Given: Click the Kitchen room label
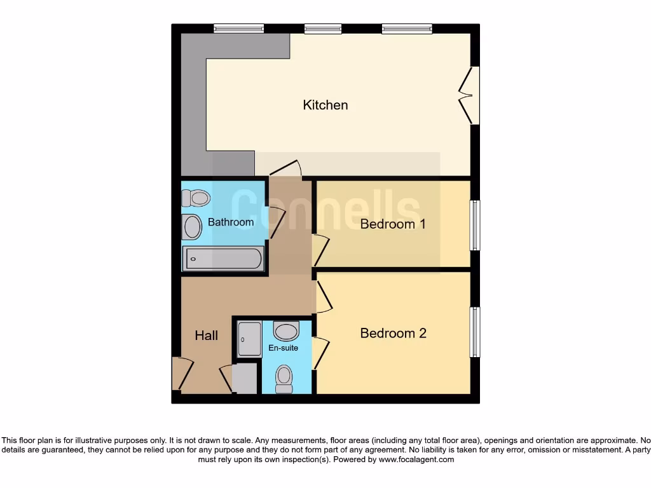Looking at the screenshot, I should pos(325,105).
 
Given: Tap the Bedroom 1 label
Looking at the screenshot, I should pos(392,224).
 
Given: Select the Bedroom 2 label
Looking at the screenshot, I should pos(393,333).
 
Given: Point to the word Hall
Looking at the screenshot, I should pos(206,335).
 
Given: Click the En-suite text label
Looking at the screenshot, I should pos(283,348).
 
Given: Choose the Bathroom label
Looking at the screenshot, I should pos(231,222).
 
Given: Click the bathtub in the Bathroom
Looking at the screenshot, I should pos(223,259).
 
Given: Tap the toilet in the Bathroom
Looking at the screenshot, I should pos(195,198).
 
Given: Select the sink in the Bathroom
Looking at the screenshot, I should pos(191,227).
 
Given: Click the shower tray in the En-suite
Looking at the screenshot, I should pos(249,339).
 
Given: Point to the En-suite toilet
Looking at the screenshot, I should pos(284,378).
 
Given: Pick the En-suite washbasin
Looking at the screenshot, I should pos(286,331).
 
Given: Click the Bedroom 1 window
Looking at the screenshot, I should pos(474,226).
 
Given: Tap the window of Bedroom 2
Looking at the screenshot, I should pos(474,332).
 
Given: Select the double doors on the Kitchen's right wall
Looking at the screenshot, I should pos(471,95).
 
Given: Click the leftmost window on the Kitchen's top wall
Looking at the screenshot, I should pos(238,28).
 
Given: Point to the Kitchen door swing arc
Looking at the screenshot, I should pos(285,166).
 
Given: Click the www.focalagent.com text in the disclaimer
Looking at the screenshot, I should pos(416,459).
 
